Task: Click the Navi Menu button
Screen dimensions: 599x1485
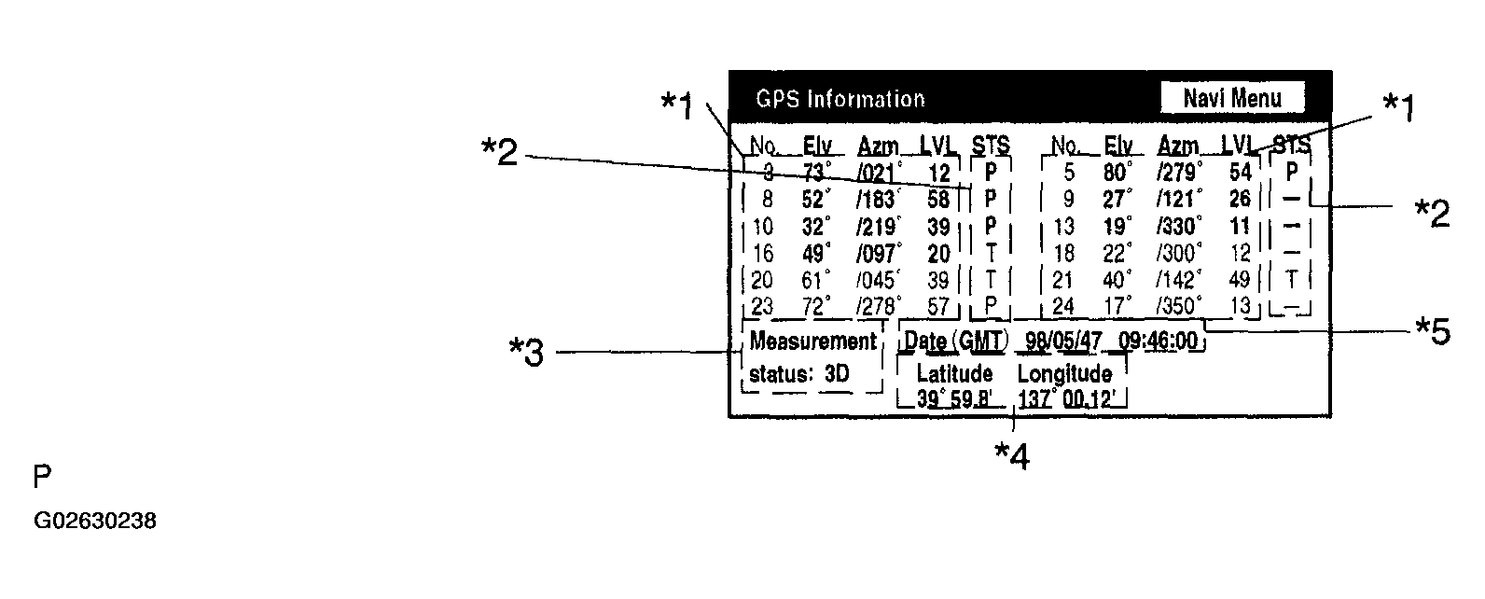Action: coord(1232,98)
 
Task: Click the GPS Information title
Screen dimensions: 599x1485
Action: coord(840,99)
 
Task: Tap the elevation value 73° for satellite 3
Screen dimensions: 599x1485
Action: coord(817,173)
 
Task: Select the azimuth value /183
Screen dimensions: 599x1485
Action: coord(878,200)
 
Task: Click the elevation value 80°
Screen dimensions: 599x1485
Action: coord(1118,173)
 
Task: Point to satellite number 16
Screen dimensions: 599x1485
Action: coord(762,254)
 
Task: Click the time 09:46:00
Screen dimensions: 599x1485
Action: coord(1158,341)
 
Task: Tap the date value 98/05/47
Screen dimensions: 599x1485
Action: coord(1063,341)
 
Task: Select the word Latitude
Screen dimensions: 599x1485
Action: coord(954,374)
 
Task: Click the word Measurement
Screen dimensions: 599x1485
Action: coord(812,341)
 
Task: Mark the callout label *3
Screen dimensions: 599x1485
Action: coord(526,354)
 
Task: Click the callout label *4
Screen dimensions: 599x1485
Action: coord(1011,455)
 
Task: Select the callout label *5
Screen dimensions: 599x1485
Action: coord(1433,331)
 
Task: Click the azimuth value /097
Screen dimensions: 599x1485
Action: coord(878,254)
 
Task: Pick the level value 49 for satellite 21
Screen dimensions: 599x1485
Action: coord(1239,280)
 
